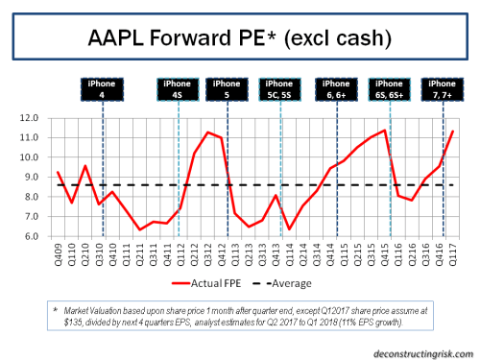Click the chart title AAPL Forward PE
pyautogui.click(x=240, y=40)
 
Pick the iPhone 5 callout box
pyautogui.click(x=227, y=88)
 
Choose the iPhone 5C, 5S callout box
pyautogui.click(x=279, y=88)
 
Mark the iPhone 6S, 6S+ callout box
pyautogui.click(x=391, y=88)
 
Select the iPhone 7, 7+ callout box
pyautogui.click(x=443, y=88)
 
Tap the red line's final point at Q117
pyautogui.click(x=452, y=132)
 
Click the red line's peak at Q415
pyautogui.click(x=385, y=131)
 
